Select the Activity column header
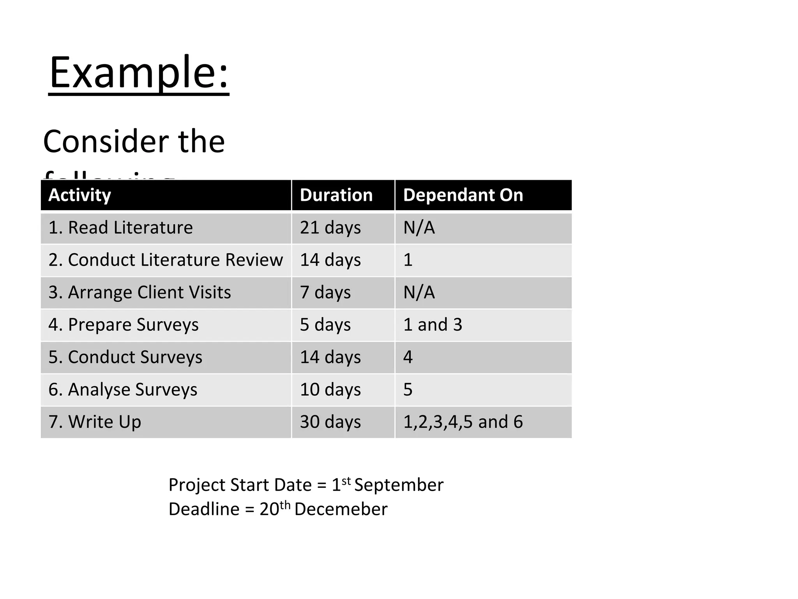coord(79,195)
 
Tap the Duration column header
coord(336,195)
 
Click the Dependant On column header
coord(463,195)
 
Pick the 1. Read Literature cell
coord(120,228)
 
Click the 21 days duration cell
coord(330,228)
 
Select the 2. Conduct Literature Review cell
coord(166,260)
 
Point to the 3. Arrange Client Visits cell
coord(139,292)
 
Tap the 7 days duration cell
coord(325,292)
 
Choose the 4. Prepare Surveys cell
coord(123,325)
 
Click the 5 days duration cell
coord(325,325)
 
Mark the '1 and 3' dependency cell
coord(433,325)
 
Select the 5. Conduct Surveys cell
coord(125,357)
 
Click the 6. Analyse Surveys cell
coord(123,390)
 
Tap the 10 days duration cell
coord(330,390)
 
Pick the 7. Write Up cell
coord(95,422)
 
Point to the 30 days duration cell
coord(330,422)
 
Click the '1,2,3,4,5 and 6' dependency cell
coord(463,422)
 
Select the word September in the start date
coord(399,485)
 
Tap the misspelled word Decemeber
coord(341,509)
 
